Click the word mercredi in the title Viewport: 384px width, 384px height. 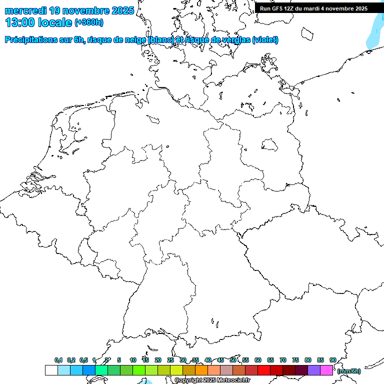point(25,10)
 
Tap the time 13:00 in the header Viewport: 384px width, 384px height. point(21,22)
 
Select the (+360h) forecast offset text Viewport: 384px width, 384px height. point(89,22)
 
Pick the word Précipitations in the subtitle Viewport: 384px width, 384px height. point(31,40)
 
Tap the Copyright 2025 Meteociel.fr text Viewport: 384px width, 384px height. point(212,380)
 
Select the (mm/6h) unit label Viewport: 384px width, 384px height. point(348,371)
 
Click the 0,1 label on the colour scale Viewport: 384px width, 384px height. point(58,360)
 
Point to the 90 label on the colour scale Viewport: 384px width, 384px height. point(333,360)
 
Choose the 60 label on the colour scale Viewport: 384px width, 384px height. point(258,360)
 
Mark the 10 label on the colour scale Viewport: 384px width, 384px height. point(133,360)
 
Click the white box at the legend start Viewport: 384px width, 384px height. point(51,370)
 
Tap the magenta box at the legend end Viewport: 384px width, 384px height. point(326,370)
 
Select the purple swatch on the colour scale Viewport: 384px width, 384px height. point(314,370)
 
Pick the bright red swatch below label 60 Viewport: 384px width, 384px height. point(263,370)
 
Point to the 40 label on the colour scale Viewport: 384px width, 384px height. point(208,360)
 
